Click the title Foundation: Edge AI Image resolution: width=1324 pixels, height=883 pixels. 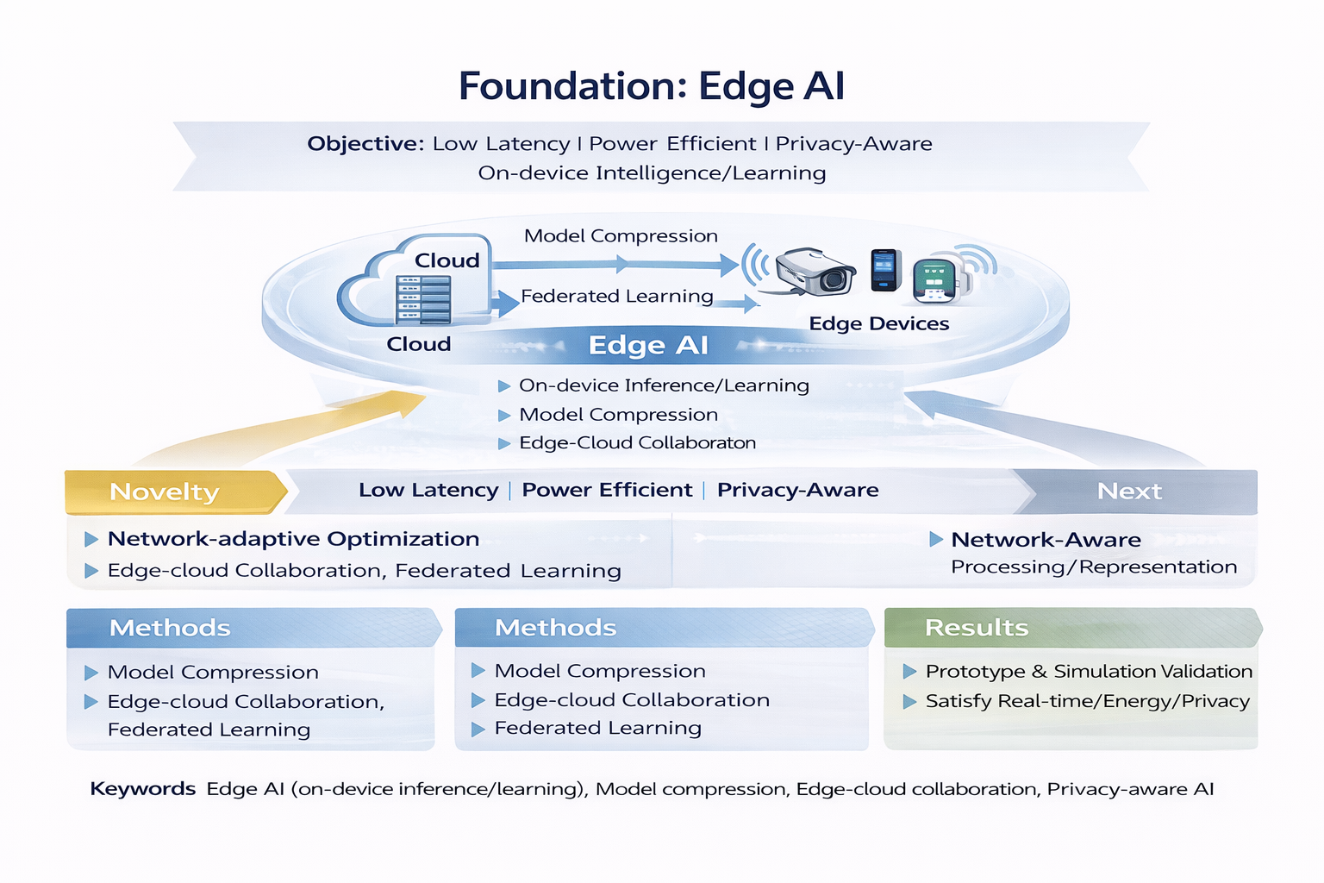[651, 86]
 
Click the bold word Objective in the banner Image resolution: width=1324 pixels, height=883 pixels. [364, 144]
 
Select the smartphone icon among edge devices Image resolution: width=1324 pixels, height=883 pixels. [885, 270]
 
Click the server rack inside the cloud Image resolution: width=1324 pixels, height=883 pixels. [423, 298]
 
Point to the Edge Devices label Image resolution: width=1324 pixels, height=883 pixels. [878, 323]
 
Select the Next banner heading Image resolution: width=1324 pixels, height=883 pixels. [1128, 492]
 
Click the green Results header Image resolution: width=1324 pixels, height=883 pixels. [977, 628]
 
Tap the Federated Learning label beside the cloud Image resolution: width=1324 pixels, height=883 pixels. [616, 296]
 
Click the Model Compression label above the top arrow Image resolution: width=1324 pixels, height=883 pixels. [621, 235]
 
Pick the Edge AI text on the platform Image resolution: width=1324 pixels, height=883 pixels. [647, 345]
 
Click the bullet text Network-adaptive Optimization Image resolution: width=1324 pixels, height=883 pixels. [293, 539]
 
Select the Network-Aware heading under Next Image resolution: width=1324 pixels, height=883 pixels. [1046, 540]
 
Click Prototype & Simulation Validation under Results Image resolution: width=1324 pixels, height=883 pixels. [1088, 671]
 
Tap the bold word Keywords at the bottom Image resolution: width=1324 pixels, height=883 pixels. [143, 789]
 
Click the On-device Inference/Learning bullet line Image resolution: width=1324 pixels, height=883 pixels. [663, 385]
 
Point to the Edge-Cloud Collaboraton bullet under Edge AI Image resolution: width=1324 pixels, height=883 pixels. [637, 443]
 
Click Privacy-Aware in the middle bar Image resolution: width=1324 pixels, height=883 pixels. [797, 490]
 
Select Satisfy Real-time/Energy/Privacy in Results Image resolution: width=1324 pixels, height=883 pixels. [1086, 701]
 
